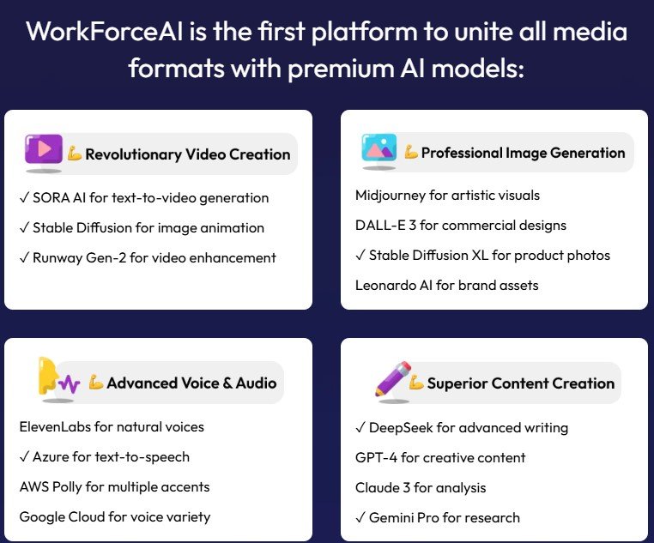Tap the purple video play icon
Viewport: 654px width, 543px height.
(x=43, y=149)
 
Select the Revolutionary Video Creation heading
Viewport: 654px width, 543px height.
(x=187, y=154)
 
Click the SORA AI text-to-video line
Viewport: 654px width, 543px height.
(x=144, y=197)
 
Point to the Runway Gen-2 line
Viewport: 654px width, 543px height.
(x=148, y=257)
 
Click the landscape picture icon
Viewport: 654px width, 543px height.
(x=378, y=148)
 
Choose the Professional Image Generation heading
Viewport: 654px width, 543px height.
(x=523, y=153)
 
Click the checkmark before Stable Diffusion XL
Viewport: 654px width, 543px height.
(x=360, y=256)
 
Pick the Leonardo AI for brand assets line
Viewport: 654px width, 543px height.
(x=446, y=285)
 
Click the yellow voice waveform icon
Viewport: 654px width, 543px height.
(x=58, y=378)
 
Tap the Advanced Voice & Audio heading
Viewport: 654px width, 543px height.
(x=191, y=383)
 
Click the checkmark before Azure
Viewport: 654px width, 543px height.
(x=24, y=457)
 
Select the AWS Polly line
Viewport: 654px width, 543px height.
(x=114, y=486)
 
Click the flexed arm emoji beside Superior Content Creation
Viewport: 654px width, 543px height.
(x=416, y=383)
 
